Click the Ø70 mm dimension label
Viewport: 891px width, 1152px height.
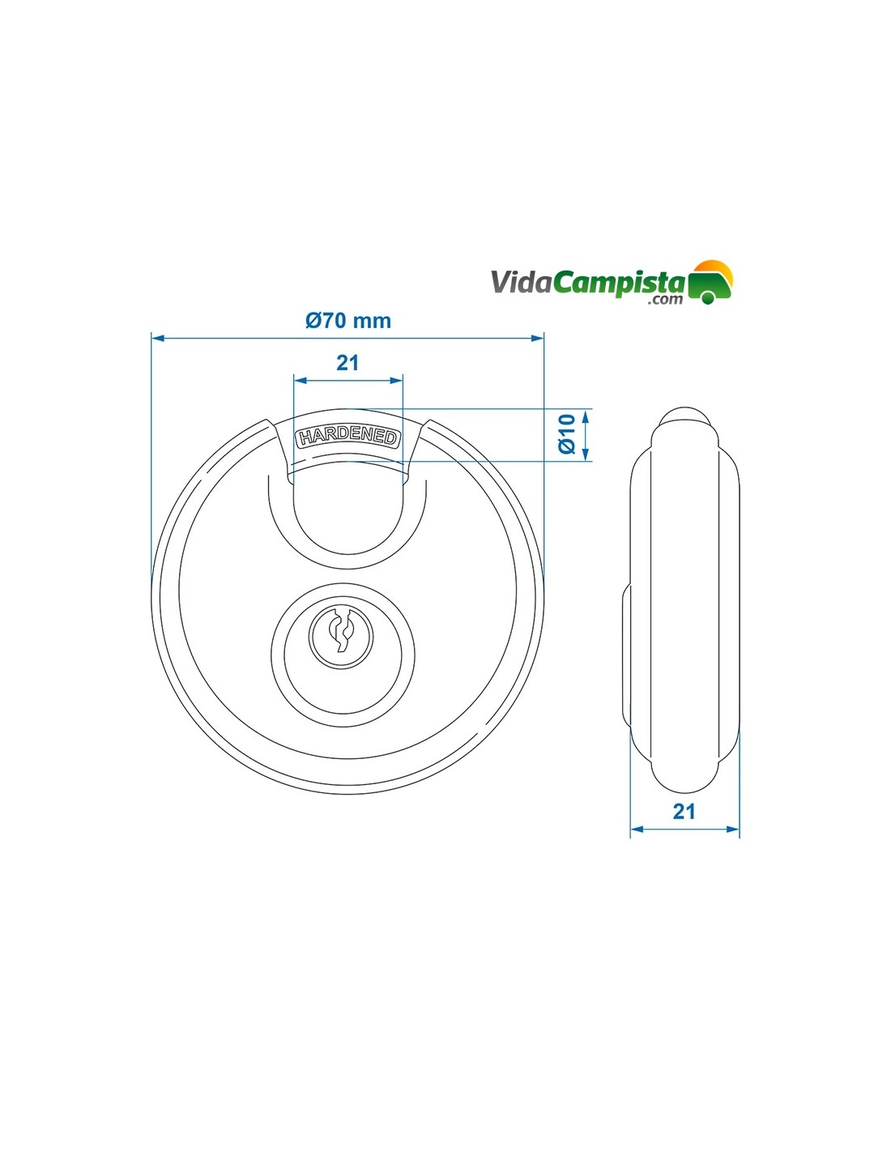click(x=348, y=321)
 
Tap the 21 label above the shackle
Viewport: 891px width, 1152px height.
click(x=347, y=363)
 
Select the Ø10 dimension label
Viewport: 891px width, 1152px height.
click(x=567, y=434)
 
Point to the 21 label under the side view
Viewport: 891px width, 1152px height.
click(x=684, y=811)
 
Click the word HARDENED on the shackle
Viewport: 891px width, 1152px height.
click(x=348, y=437)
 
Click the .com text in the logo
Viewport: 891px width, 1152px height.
click(x=665, y=300)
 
